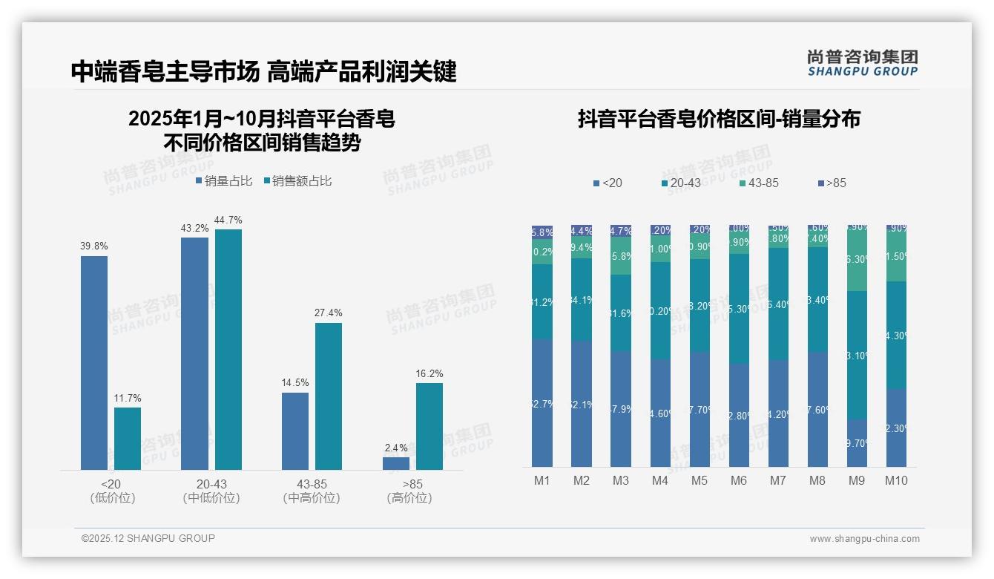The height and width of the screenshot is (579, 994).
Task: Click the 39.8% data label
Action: [x=93, y=246]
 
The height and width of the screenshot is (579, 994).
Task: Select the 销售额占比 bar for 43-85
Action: [x=329, y=396]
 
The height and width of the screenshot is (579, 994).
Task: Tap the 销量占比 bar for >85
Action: [x=396, y=463]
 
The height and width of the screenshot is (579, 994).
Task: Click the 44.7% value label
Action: [x=228, y=220]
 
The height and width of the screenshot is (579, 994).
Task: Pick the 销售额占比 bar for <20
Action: [x=128, y=438]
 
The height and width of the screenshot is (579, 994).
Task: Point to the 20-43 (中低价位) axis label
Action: [x=211, y=491]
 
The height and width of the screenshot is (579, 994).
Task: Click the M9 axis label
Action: [x=856, y=480]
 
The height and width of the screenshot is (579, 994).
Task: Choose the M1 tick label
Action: [x=542, y=480]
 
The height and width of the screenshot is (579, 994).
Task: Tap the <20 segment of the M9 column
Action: [x=857, y=443]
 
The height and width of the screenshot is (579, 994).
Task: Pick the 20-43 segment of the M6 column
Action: [x=739, y=308]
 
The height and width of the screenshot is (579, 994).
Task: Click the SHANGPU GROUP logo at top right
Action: [x=862, y=63]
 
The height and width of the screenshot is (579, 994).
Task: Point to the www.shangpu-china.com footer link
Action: [x=864, y=539]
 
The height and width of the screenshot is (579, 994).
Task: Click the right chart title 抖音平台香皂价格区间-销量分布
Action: [x=718, y=120]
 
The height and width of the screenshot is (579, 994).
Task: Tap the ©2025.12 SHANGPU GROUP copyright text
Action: [x=148, y=538]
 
